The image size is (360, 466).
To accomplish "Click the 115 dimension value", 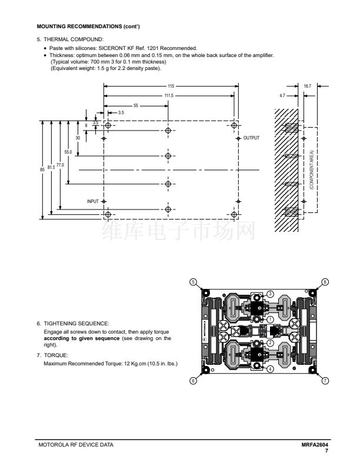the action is coord(171,86).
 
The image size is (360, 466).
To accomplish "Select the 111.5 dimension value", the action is coord(169,96).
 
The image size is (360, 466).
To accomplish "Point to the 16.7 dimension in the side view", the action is coord(308,86).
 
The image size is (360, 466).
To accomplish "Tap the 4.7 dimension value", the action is coord(282,96).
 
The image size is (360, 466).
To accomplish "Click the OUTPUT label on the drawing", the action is coord(251,138).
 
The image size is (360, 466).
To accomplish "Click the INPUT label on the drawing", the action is coord(93,201).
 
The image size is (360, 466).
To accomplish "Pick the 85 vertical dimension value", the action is coord(42,169).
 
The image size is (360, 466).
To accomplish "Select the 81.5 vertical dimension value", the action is coord(51,167).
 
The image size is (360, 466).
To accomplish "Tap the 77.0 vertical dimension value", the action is coord(60,165).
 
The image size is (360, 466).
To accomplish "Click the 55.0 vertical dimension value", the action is coord(68,152).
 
